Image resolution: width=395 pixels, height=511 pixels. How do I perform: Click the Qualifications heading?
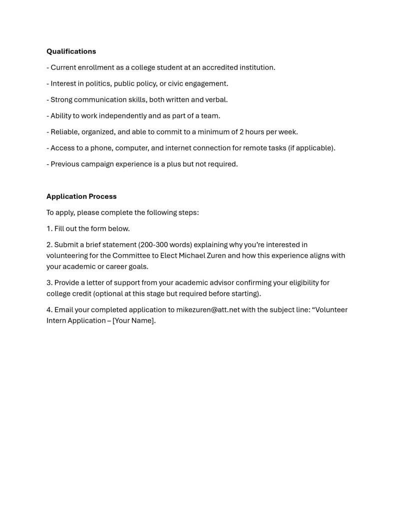coord(71,51)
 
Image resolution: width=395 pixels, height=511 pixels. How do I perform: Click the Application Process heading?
coord(81,196)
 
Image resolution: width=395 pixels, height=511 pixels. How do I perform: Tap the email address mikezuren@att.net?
coord(208,310)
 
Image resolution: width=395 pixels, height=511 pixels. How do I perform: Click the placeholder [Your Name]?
coord(134,321)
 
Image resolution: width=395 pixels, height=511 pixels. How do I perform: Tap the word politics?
coord(96,83)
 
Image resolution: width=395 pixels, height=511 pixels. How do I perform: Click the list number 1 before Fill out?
coord(49,229)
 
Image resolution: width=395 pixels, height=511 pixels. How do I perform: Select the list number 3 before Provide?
coord(49,283)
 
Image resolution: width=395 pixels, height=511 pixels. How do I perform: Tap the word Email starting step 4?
coord(64,310)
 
